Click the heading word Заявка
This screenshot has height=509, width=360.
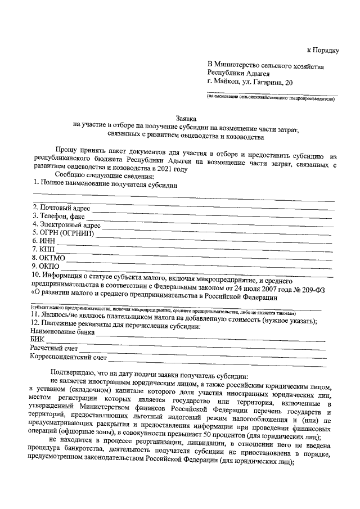[187, 119]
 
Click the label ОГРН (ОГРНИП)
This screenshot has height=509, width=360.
[62, 232]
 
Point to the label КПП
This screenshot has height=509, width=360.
[40, 249]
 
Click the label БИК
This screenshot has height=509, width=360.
[36, 340]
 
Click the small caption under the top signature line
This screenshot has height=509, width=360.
[271, 98]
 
